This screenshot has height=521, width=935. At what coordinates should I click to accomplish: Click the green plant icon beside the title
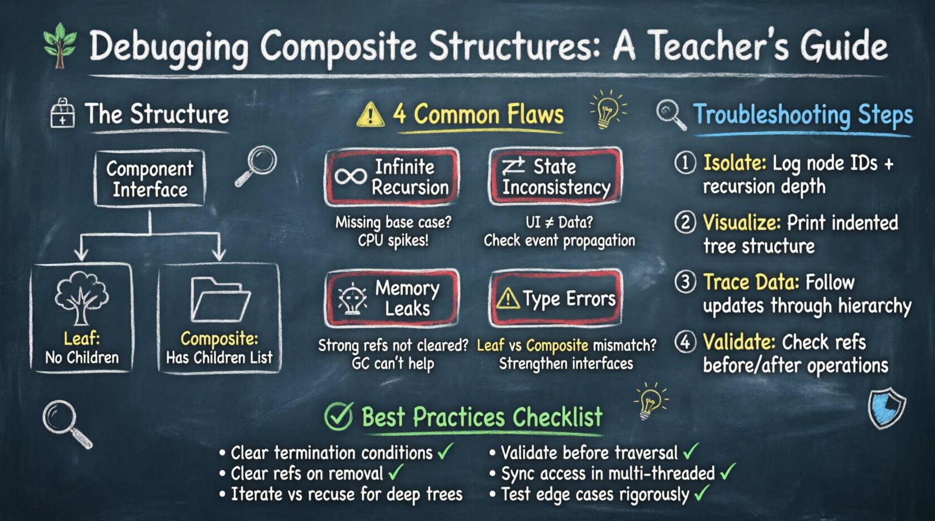click(x=60, y=45)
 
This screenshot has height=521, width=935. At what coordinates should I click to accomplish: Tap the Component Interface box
click(x=149, y=178)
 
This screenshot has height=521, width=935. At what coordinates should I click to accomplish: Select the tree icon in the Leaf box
click(x=81, y=298)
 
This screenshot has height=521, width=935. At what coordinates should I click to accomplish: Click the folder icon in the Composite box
click(x=220, y=299)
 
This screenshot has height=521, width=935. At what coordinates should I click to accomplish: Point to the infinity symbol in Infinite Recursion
click(x=351, y=177)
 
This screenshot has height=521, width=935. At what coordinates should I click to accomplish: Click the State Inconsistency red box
click(x=555, y=177)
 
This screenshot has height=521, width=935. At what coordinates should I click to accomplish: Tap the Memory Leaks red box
click(x=392, y=298)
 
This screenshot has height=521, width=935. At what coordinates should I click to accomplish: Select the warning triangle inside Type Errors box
click(x=507, y=298)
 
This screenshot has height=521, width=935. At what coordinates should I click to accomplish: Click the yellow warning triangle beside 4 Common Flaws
click(x=370, y=115)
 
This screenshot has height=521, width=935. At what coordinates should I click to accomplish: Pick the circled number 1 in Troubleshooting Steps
click(x=685, y=163)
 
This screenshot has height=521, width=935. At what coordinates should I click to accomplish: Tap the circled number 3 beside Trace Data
click(x=685, y=282)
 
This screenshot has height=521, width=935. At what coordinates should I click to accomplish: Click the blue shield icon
click(x=886, y=409)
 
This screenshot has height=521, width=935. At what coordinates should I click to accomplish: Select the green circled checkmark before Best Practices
click(x=339, y=417)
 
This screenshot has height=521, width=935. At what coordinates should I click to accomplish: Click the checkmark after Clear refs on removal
click(x=396, y=472)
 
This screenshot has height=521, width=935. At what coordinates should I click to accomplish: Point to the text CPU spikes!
click(x=393, y=241)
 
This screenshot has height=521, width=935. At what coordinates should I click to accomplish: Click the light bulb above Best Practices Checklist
click(x=650, y=401)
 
